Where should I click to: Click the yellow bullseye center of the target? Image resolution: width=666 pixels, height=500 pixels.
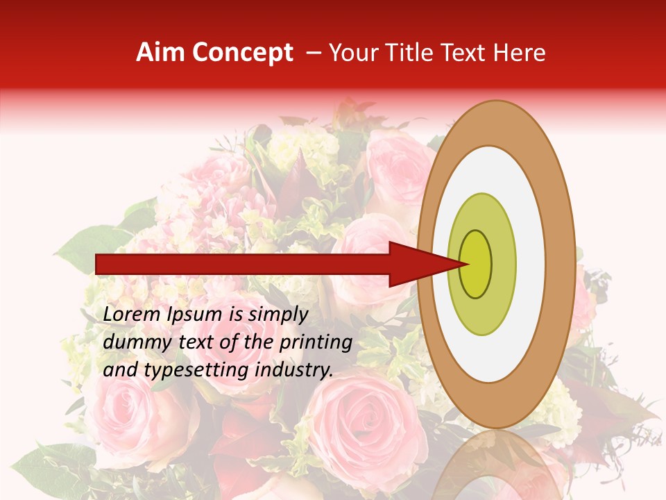click(476, 264)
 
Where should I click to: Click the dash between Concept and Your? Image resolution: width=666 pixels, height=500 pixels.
click(314, 53)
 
